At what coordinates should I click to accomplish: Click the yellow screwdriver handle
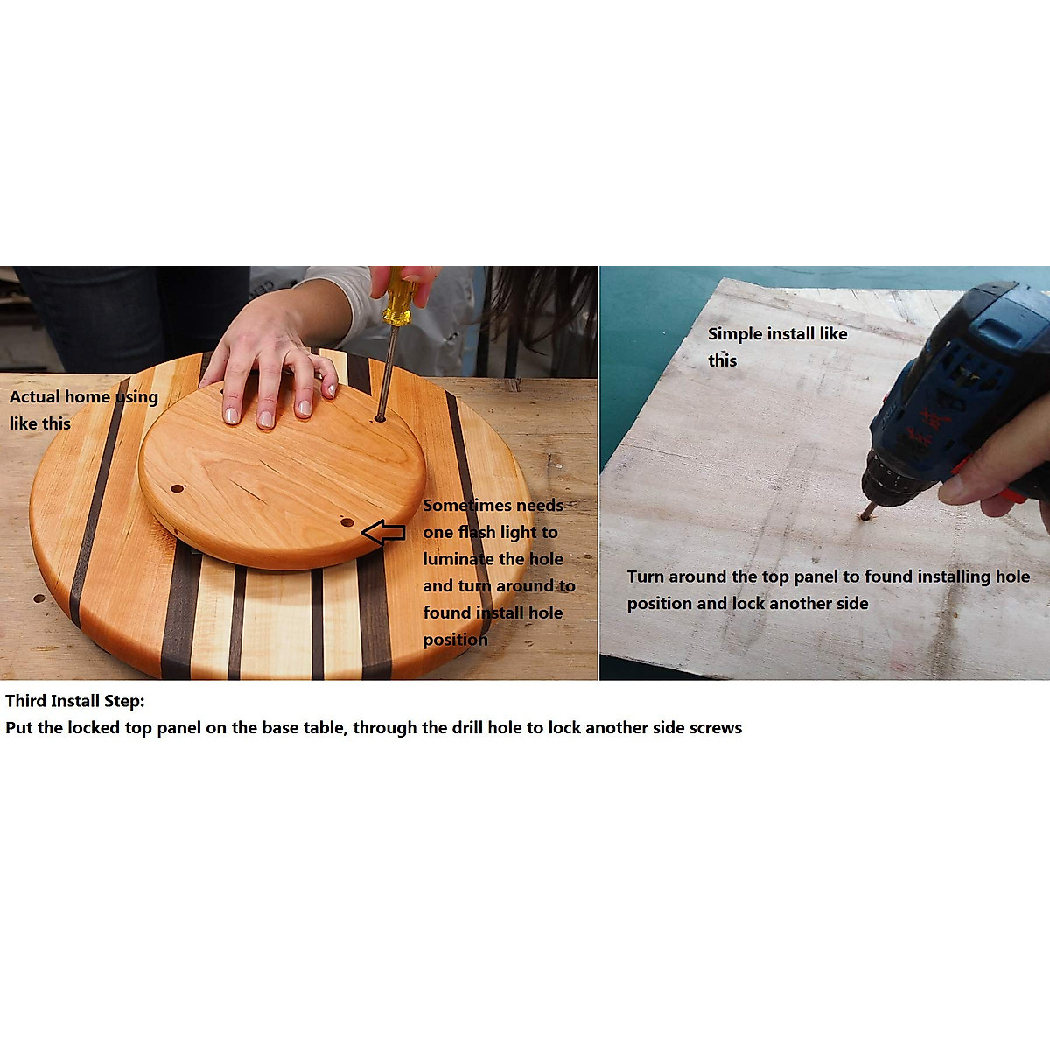(x=398, y=297)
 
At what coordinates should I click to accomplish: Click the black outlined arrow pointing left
(x=383, y=531)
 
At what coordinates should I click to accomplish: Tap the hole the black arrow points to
(x=347, y=522)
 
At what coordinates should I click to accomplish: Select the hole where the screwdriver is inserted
(x=380, y=419)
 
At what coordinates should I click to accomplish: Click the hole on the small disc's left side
(x=178, y=488)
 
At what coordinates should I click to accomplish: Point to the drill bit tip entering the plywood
(x=866, y=515)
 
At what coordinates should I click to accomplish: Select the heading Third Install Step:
(x=75, y=701)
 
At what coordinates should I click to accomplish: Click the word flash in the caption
(x=477, y=532)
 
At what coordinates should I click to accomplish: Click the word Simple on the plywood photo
(x=733, y=334)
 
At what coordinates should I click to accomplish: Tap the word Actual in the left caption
(x=34, y=397)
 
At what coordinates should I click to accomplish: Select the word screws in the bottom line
(x=715, y=728)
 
